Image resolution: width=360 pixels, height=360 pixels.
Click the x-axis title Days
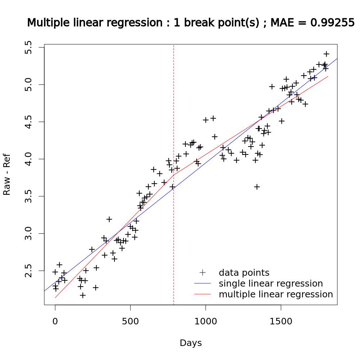[191, 343]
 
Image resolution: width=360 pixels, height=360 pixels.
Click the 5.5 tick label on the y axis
[29, 48]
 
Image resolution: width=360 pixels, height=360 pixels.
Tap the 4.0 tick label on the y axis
[29, 159]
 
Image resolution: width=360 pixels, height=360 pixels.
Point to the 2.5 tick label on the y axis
[29, 271]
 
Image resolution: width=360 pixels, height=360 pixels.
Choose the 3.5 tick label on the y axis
[29, 197]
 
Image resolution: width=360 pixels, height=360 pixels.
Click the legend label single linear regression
[271, 283]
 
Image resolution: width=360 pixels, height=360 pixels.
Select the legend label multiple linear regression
[276, 294]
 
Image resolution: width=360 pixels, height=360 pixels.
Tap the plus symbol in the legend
[203, 273]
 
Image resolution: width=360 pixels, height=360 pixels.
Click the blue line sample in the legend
[203, 283]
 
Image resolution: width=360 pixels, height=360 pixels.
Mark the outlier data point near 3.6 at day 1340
[257, 187]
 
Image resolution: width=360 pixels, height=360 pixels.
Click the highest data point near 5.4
[327, 54]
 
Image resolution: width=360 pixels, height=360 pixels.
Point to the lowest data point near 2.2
[83, 295]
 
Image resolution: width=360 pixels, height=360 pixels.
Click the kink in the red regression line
[174, 175]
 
